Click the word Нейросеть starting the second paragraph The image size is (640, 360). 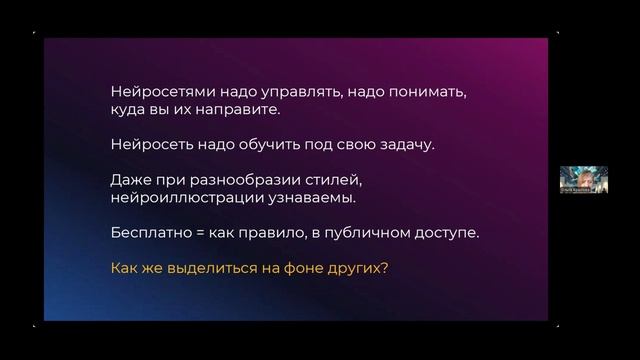(x=151, y=145)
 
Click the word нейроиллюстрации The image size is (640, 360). (x=187, y=198)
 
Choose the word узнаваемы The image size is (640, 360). (x=312, y=198)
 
